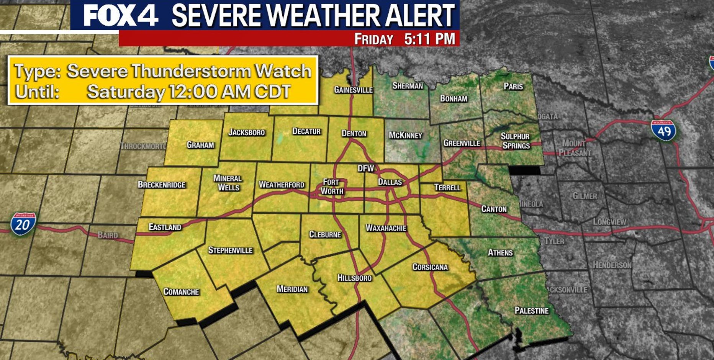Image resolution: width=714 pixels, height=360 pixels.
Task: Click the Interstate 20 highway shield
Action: tap(23, 224)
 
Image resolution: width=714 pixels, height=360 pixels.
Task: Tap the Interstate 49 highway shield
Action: tap(663, 130)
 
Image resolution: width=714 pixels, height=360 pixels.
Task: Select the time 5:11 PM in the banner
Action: tap(429, 39)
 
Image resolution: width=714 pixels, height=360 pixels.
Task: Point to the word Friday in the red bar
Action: tap(373, 39)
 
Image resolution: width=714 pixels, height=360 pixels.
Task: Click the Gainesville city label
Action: tap(353, 90)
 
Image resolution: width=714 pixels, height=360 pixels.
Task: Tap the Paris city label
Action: tap(513, 86)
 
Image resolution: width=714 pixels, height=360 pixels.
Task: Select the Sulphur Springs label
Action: tap(516, 141)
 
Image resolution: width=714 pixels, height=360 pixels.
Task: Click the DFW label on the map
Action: tap(365, 169)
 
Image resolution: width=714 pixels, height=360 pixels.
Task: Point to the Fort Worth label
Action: tap(332, 187)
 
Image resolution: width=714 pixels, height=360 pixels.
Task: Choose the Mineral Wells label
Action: tap(228, 183)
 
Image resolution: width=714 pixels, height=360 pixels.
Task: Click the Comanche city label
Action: tap(181, 292)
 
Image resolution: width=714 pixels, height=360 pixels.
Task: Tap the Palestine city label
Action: tap(531, 311)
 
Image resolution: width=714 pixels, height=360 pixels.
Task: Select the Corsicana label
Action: tap(430, 267)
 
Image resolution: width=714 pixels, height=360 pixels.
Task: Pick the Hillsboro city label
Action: tap(354, 278)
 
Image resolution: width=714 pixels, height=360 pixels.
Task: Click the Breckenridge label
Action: tap(162, 185)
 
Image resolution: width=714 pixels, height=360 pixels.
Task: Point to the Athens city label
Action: tap(500, 252)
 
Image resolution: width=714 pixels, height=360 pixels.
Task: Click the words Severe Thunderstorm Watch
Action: tap(189, 71)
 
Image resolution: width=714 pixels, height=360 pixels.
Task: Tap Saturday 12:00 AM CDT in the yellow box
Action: tap(189, 92)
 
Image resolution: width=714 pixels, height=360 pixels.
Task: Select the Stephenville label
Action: tap(230, 250)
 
